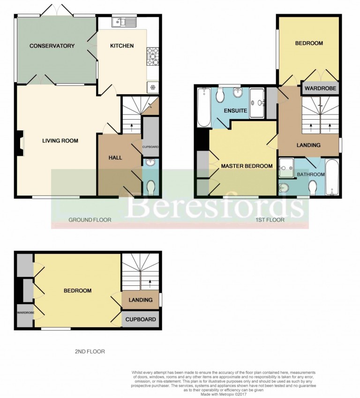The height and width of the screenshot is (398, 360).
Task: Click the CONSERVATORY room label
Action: click(52, 46)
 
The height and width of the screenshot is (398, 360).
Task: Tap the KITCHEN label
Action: click(122, 46)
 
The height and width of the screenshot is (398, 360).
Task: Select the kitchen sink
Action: click(124, 22)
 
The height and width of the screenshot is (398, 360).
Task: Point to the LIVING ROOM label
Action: click(60, 141)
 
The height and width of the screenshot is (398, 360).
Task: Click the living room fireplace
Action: click(19, 143)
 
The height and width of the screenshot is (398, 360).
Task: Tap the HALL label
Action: click(115, 158)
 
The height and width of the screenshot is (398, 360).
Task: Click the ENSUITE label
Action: click(235, 111)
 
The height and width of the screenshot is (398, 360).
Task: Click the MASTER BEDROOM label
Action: click(247, 166)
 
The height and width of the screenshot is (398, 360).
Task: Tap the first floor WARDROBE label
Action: click(319, 88)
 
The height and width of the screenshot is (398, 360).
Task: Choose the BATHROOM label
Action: click(311, 175)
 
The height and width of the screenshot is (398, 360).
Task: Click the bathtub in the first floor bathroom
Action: click(332, 177)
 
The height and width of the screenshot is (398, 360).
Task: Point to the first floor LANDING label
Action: click(308, 145)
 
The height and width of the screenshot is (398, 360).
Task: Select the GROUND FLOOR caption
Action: click(90, 220)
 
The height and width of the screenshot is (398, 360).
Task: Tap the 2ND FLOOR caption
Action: click(90, 352)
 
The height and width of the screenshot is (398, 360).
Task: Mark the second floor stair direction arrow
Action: click(150, 283)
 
